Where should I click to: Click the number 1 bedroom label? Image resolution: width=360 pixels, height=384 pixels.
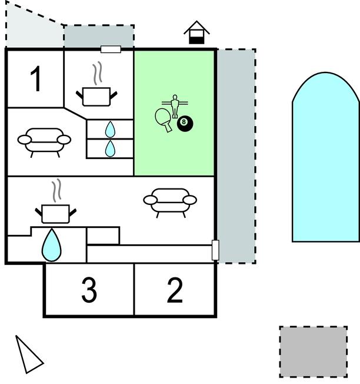click(36, 80)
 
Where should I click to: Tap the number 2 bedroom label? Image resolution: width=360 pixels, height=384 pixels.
click(175, 290)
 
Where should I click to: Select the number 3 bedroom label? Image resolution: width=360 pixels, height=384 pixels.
click(89, 290)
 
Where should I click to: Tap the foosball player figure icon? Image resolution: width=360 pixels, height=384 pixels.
click(174, 104)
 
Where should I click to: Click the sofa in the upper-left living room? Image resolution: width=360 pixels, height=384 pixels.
click(44, 140)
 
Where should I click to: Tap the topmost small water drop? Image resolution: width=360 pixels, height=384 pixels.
click(110, 129)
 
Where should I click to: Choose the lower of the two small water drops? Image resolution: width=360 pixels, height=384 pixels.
click(110, 148)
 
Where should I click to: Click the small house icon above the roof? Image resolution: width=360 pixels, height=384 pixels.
click(196, 34)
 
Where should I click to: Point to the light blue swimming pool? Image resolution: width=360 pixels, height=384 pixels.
click(325, 159)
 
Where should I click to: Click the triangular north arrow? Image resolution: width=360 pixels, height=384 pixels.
click(27, 355)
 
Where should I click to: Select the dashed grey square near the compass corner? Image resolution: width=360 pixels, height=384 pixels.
click(313, 352)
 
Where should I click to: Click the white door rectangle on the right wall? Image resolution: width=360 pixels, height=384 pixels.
click(215, 250)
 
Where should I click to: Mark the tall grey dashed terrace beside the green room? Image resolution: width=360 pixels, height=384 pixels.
click(236, 156)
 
